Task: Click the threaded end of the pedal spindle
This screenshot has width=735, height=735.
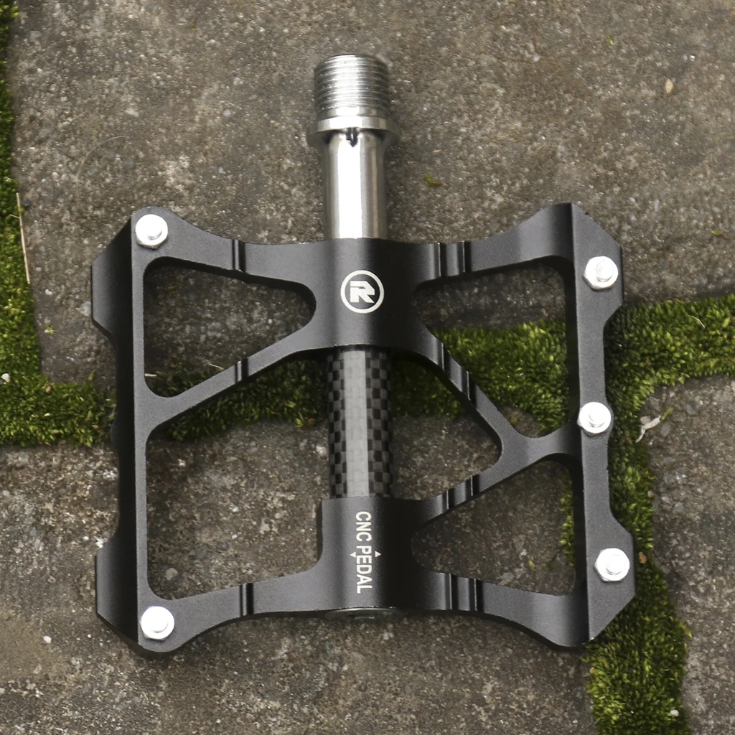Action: [351, 87]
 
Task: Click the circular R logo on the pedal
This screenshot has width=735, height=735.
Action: [362, 291]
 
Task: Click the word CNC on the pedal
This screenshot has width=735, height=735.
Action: [363, 526]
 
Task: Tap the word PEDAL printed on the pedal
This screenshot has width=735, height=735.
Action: [364, 569]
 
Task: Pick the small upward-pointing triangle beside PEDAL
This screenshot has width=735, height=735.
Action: [378, 554]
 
